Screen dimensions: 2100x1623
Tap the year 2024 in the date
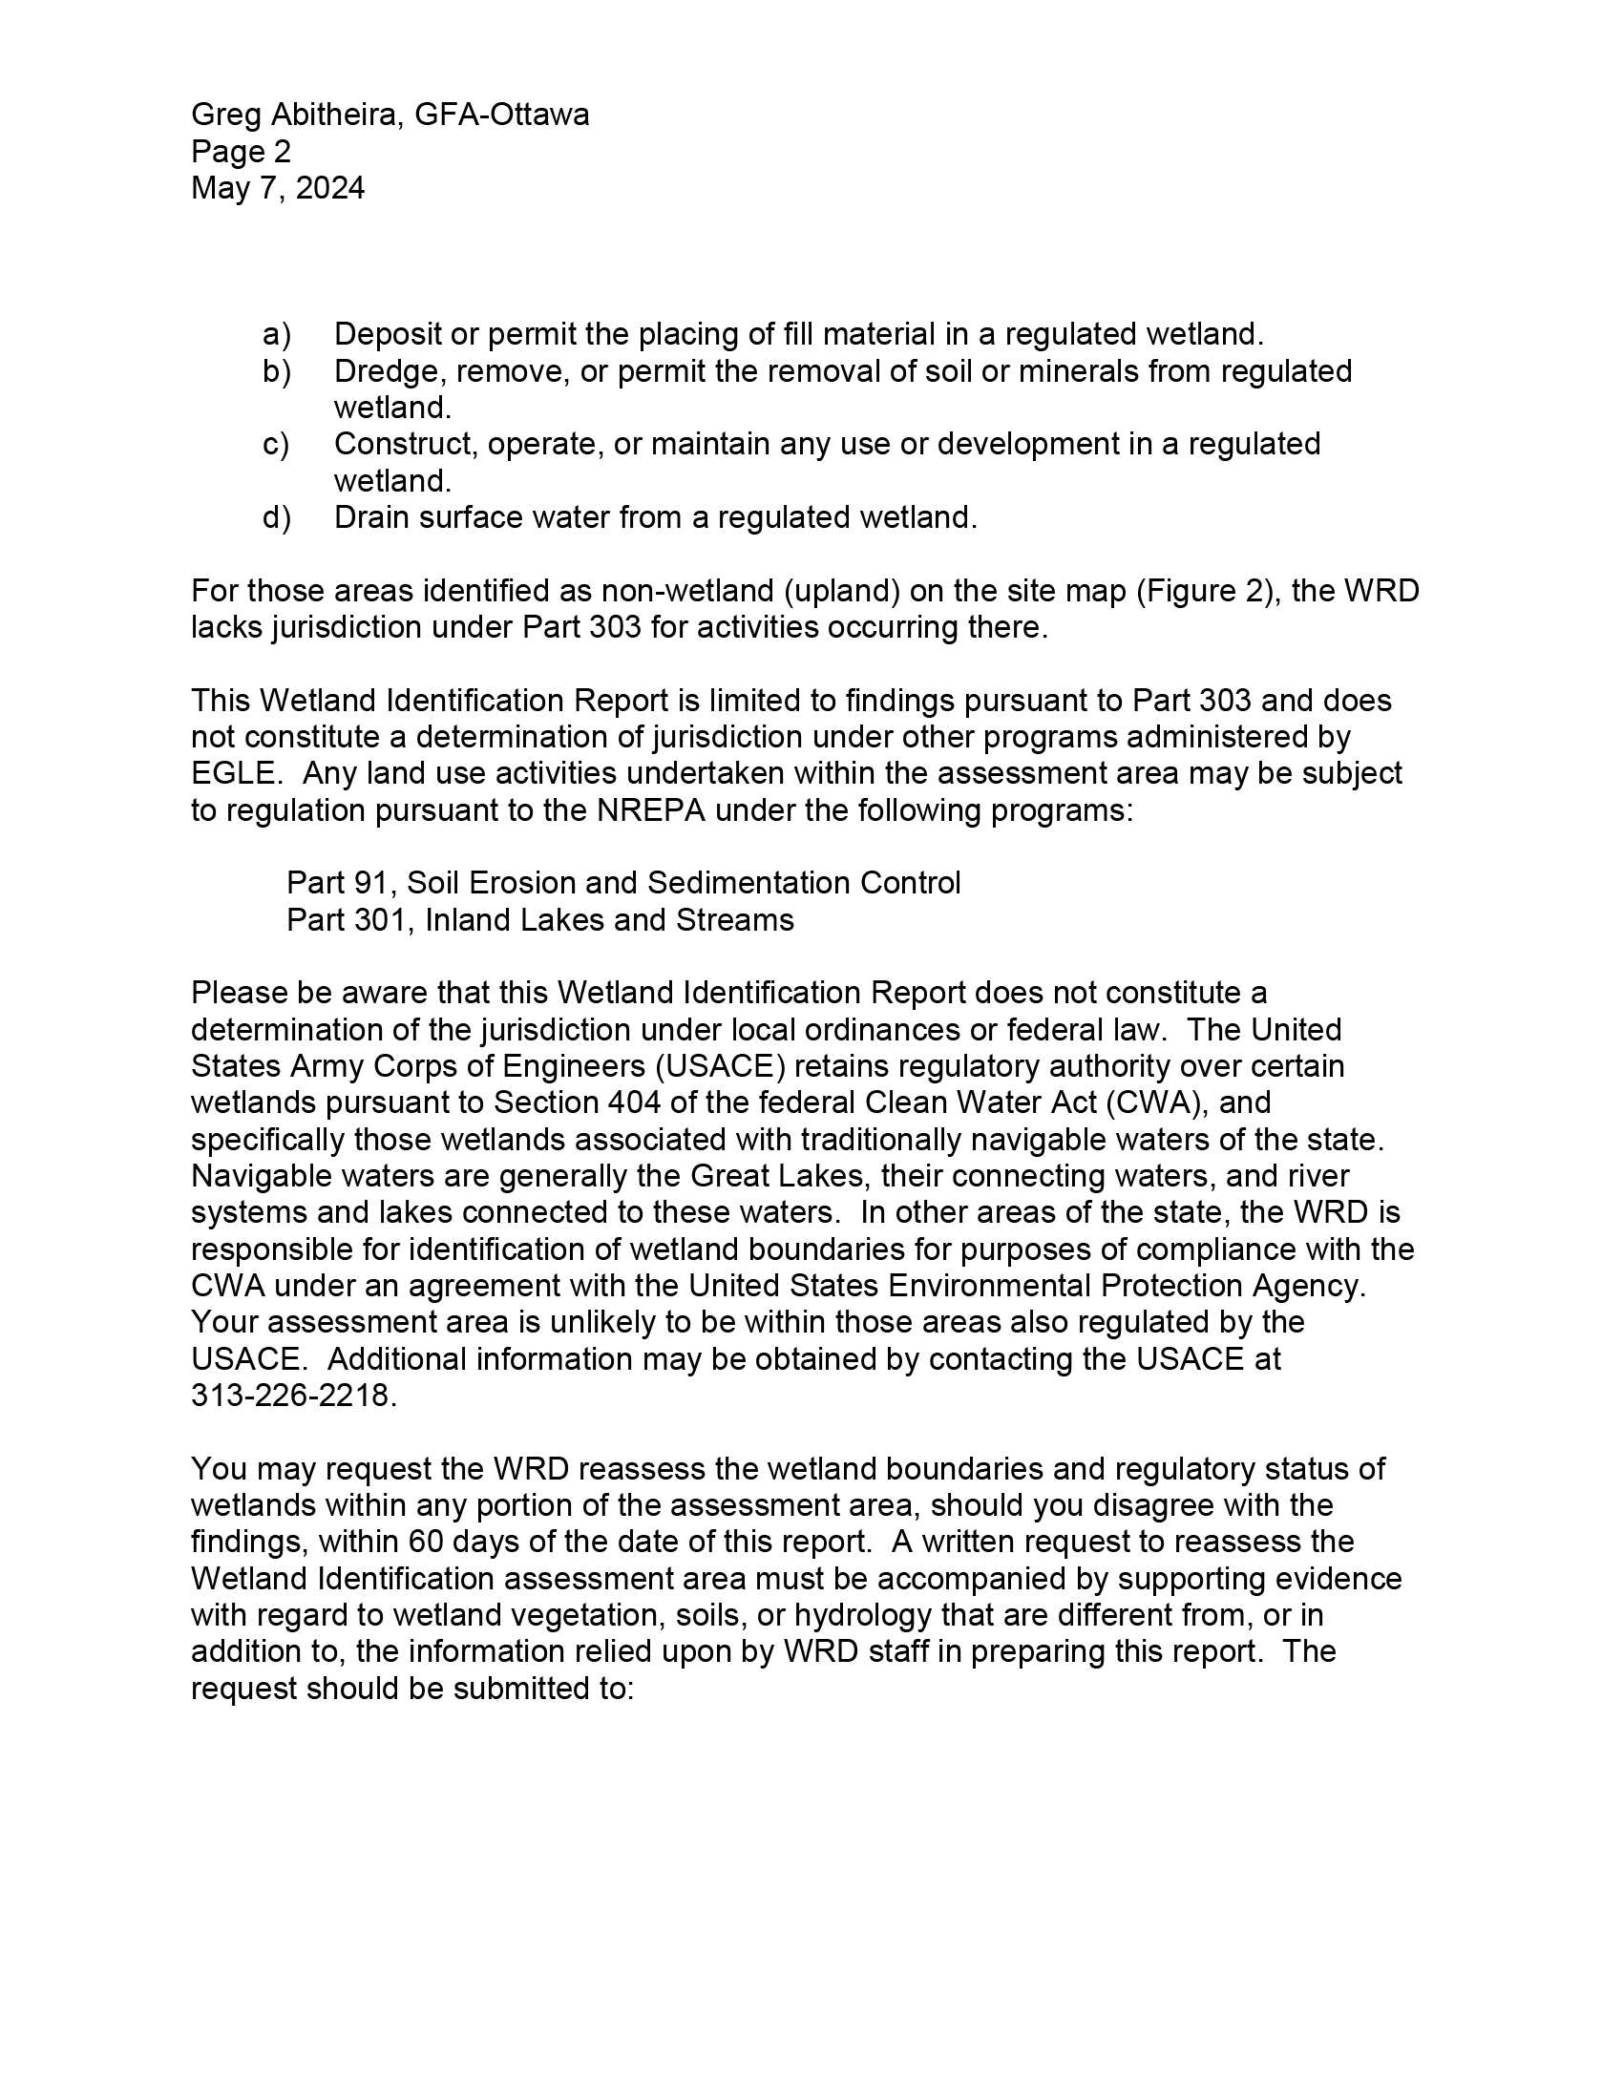(329, 188)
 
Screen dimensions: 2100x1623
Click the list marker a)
(276, 335)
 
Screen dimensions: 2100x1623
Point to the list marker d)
(276, 518)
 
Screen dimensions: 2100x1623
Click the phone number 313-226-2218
(292, 1396)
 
